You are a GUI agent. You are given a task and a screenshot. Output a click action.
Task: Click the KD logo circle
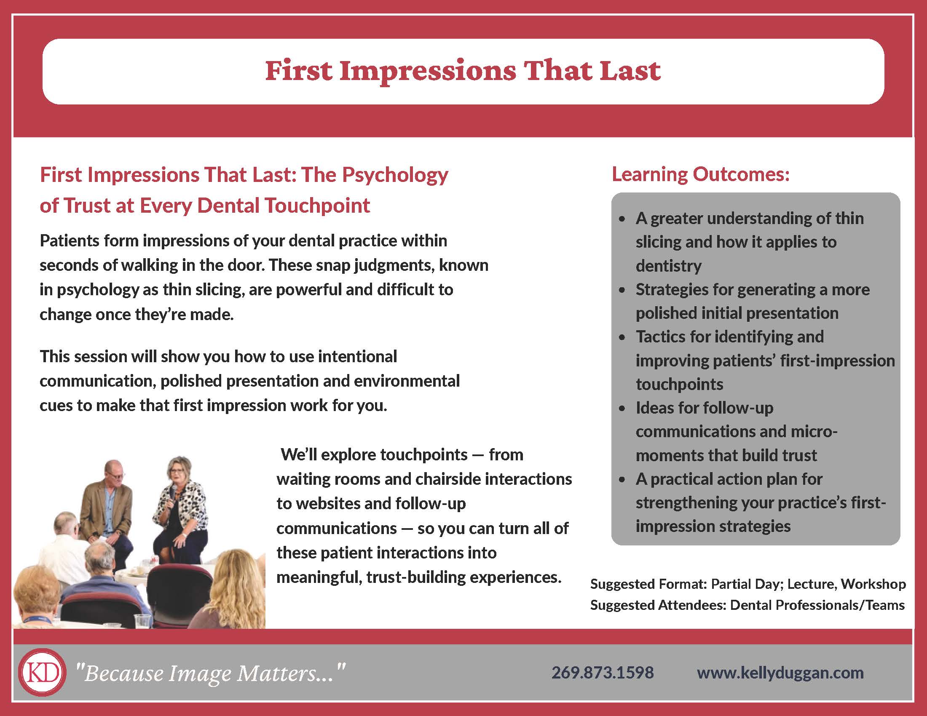coord(42,672)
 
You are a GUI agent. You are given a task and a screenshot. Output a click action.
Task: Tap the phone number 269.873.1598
coord(602,673)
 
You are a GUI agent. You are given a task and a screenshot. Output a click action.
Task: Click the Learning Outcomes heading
coord(700,174)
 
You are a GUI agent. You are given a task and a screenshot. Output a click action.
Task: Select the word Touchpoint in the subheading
coord(317,206)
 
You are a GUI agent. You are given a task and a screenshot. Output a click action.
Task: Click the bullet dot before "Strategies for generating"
coord(622,291)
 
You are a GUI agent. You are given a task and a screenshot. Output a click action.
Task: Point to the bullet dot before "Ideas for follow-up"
coord(622,409)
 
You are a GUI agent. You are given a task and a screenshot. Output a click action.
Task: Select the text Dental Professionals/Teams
coord(817,605)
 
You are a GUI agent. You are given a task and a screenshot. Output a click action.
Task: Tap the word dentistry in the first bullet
coord(669,266)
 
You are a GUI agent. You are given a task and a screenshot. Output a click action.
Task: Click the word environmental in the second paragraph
coord(407,381)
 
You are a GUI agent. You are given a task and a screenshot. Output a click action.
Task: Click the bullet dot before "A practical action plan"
coord(622,480)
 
